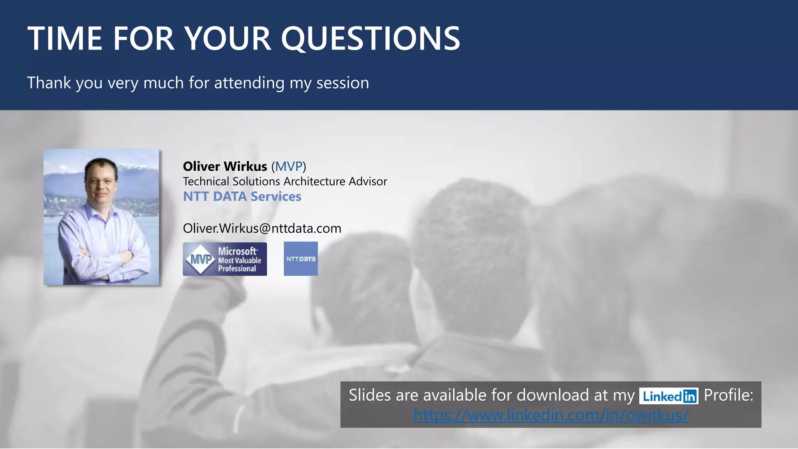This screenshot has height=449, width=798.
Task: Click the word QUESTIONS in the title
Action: [x=370, y=39]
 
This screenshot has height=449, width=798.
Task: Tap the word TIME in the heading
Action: [x=65, y=39]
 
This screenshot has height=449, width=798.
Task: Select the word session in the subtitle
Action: [x=343, y=83]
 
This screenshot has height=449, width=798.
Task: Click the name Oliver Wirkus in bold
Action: [x=225, y=166]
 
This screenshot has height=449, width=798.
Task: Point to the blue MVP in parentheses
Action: [x=289, y=166]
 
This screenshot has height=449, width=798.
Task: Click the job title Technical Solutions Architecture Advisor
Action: [x=285, y=182]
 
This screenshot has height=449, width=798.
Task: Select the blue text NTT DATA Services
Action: [x=242, y=196]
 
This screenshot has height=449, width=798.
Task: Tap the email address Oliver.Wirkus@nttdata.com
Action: [x=262, y=228]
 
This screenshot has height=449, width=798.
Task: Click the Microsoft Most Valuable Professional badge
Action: [x=225, y=259]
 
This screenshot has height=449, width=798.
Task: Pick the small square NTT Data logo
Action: [x=300, y=259]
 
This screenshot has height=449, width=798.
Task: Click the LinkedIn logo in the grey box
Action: [x=669, y=396]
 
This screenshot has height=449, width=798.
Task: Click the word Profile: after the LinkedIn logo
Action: [x=728, y=395]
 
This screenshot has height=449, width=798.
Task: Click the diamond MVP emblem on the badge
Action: [x=200, y=259]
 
